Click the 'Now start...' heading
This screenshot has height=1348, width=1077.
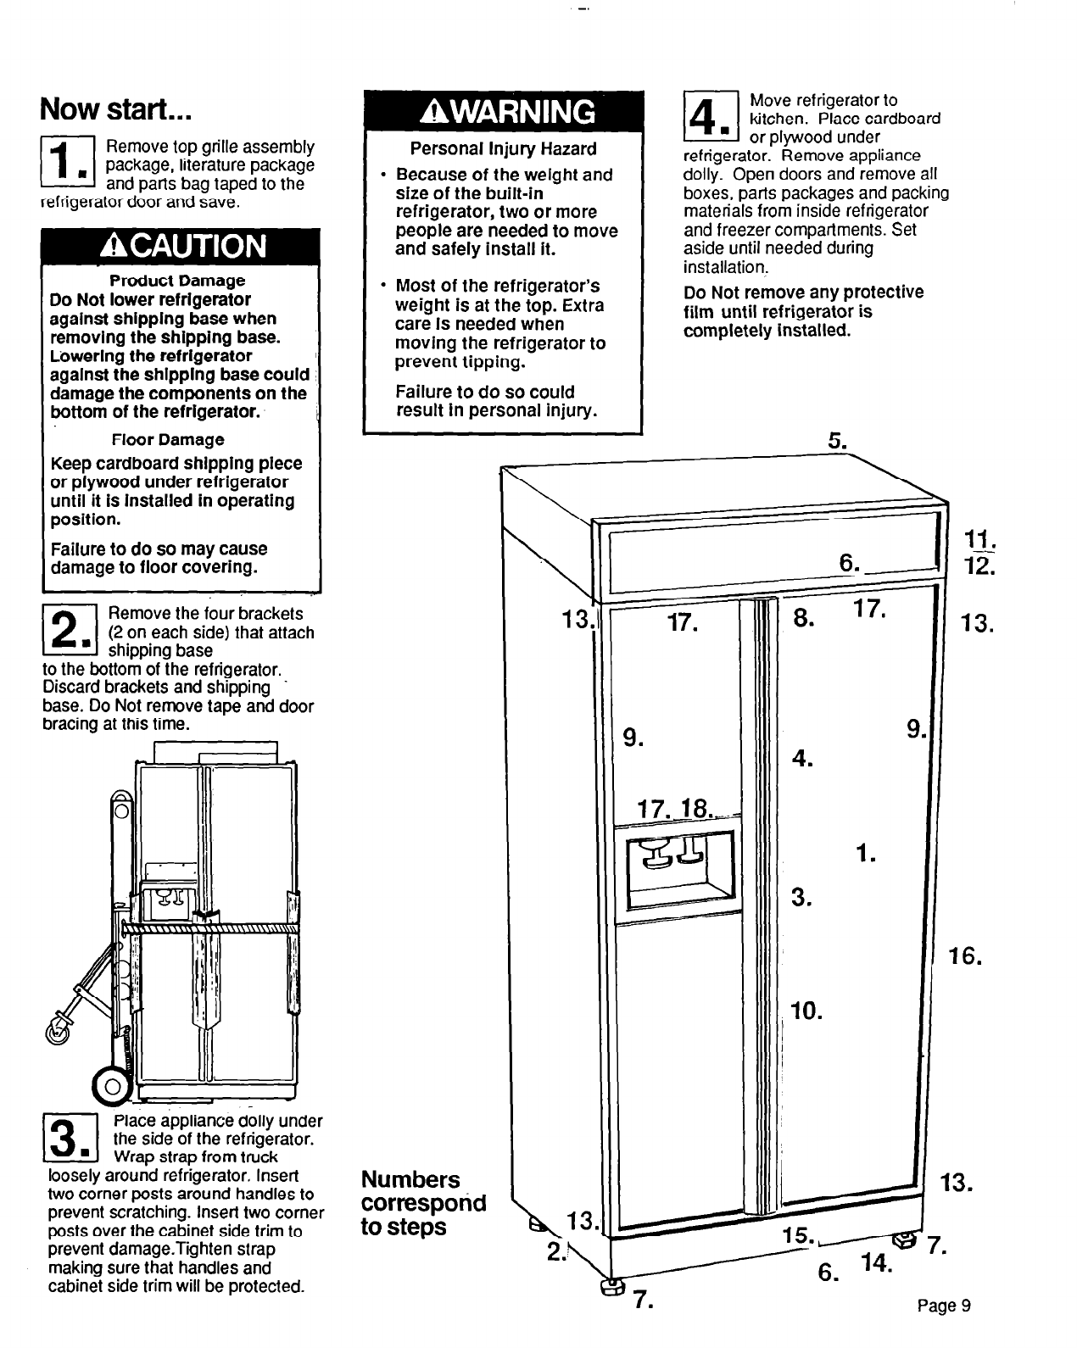coord(118,109)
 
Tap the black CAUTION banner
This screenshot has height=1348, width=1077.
coord(181,246)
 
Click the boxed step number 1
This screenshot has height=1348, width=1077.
coord(71,164)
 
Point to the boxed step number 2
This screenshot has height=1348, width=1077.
coord(71,632)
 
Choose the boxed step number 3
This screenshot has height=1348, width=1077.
coord(71,1139)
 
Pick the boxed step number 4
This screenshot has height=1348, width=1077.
coord(711,117)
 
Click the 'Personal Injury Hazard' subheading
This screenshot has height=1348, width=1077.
coord(503,149)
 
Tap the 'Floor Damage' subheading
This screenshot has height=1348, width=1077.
coord(168,440)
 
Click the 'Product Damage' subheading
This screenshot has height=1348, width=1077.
coord(178,281)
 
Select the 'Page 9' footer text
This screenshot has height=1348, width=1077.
coord(943,1306)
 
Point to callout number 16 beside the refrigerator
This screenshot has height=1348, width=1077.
coord(965,958)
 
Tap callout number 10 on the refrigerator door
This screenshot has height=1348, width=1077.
coord(806,1011)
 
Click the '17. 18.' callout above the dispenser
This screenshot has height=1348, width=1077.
coord(676,808)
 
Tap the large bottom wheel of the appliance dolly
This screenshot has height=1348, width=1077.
coord(109,1084)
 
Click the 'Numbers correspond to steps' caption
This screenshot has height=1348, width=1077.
coord(423,1203)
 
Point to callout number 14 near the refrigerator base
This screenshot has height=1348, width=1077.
coord(876,1264)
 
